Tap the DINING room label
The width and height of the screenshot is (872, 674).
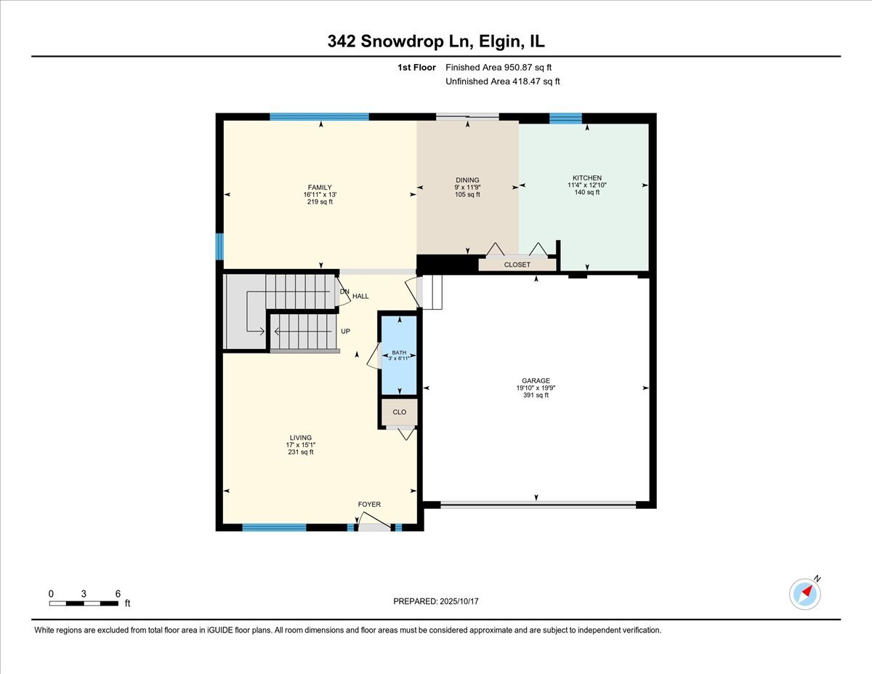pos(467,180)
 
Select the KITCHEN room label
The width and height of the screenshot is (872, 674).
pos(586,178)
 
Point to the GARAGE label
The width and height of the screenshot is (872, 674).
pos(536,380)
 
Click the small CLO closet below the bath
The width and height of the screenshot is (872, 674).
pos(400,412)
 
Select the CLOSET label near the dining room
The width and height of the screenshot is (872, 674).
pos(517,265)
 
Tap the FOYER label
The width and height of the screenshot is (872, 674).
pos(369,504)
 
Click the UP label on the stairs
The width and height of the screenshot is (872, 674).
pos(345,332)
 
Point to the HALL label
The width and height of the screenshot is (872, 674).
pos(360,296)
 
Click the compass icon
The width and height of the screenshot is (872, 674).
pos(805,593)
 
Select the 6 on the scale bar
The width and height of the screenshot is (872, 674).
pos(118,594)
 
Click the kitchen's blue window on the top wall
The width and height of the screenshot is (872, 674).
pos(565,119)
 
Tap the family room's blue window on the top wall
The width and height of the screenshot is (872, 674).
pos(319,116)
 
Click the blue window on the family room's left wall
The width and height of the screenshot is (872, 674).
pos(219,246)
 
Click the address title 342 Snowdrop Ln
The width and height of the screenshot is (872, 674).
pos(435,42)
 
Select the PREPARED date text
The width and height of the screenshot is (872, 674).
pos(437,601)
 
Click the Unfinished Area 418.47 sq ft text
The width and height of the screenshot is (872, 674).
pos(502,81)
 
